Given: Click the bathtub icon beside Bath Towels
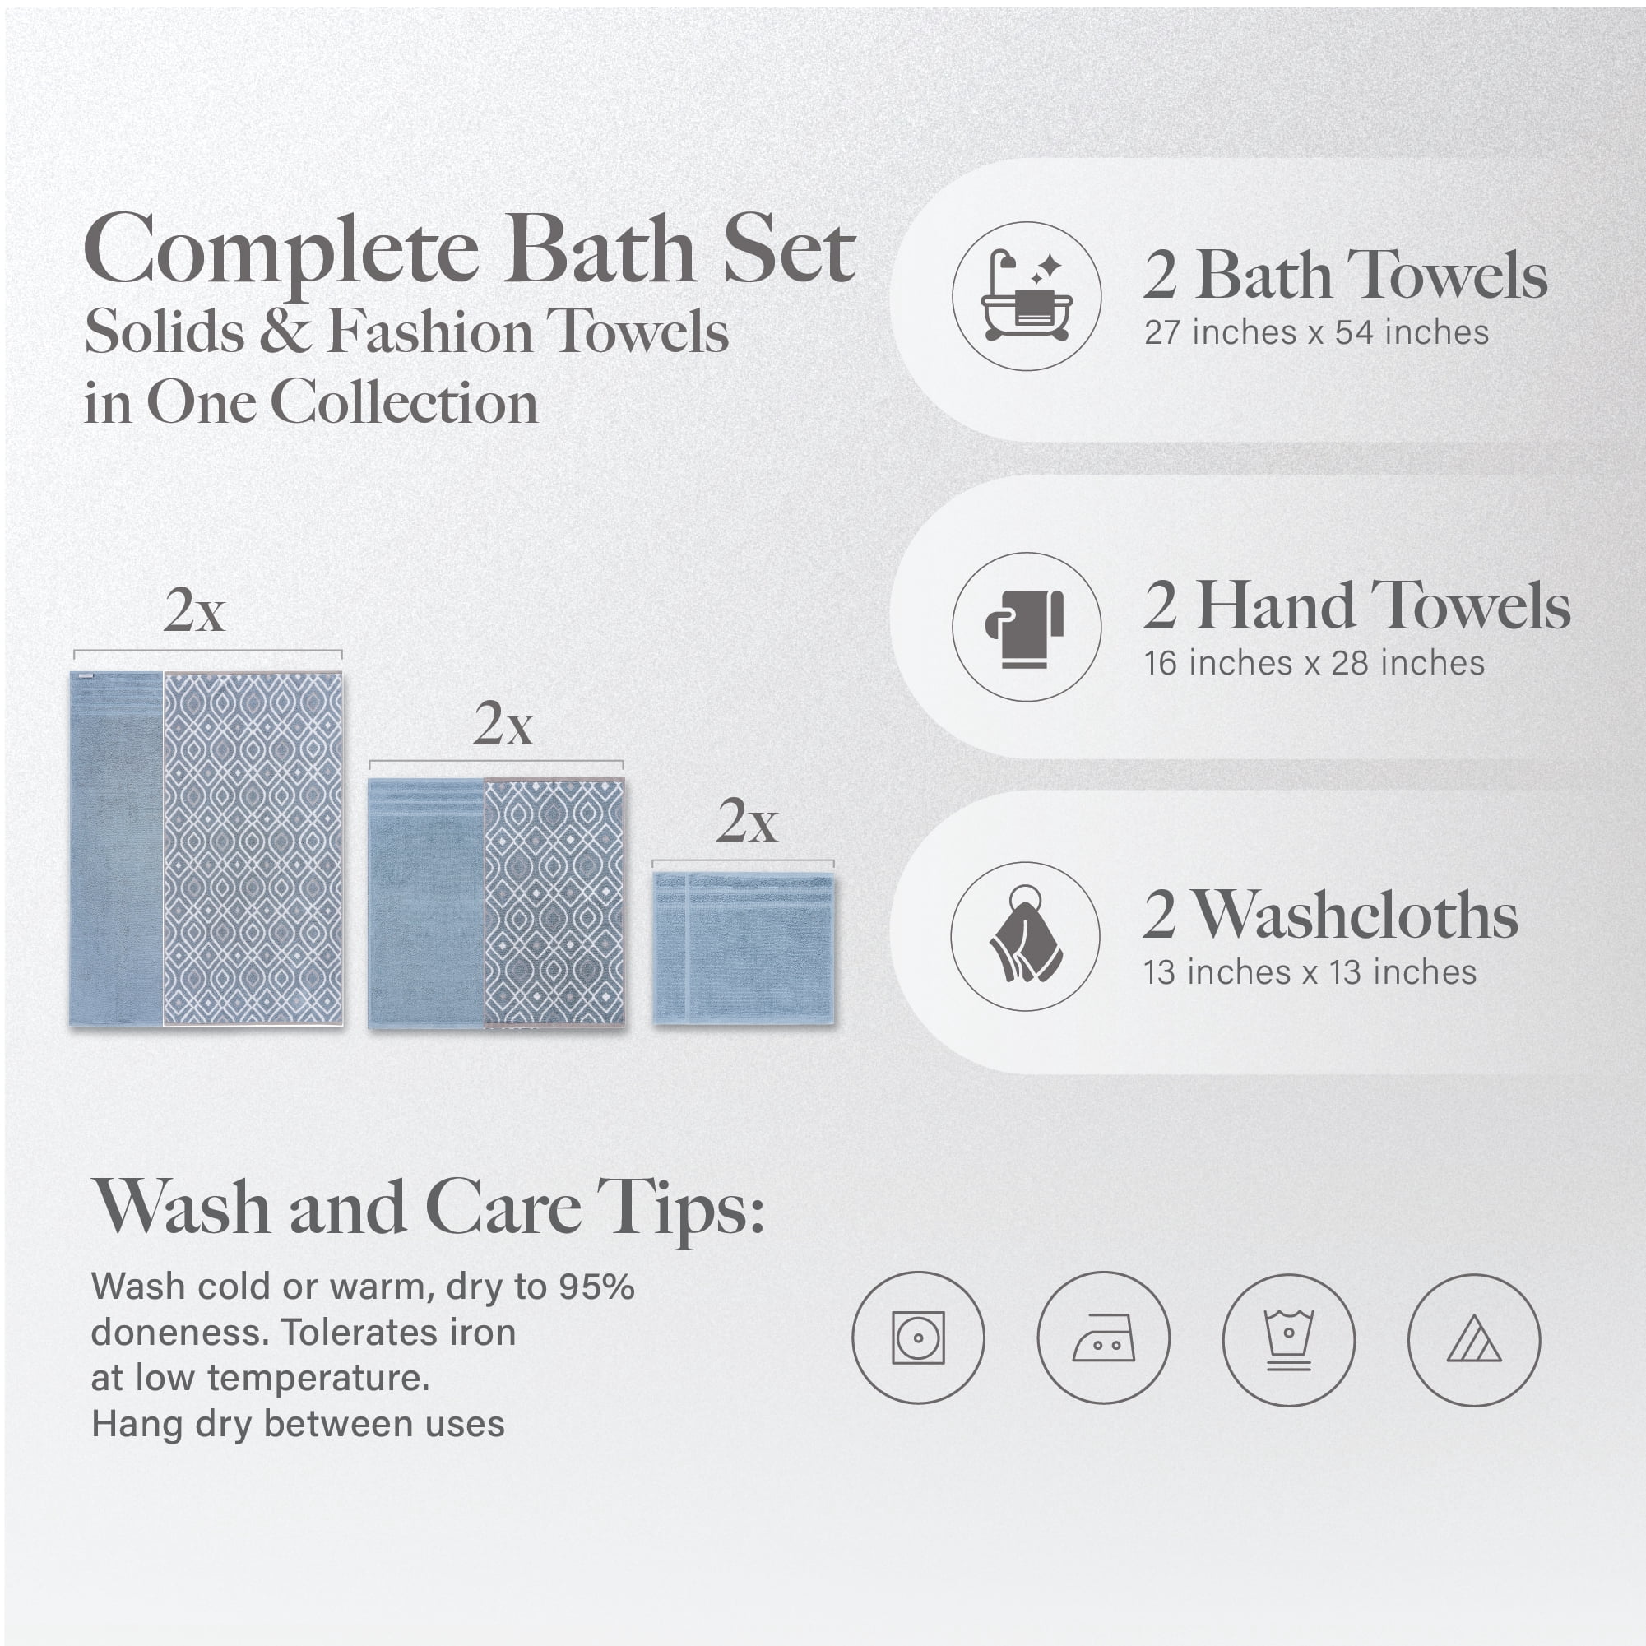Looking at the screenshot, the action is click(1027, 295).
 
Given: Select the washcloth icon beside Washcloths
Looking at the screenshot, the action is click(1026, 935).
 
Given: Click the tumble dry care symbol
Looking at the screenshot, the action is click(917, 1338).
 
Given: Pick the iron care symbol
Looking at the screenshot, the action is click(1103, 1338).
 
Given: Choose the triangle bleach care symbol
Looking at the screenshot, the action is click(1474, 1340).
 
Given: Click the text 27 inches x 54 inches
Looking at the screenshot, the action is click(1316, 333).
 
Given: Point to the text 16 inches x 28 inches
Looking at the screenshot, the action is click(1314, 663).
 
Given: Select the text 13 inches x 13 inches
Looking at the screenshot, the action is click(1310, 972).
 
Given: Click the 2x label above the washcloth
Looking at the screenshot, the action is click(747, 821).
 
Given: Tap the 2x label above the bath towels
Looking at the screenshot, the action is click(194, 610).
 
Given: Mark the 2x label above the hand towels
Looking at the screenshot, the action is click(503, 725).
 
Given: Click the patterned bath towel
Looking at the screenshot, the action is click(253, 849).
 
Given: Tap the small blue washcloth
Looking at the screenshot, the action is click(744, 948).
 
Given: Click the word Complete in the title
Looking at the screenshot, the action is click(282, 252).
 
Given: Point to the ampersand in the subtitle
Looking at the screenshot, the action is click(286, 332).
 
